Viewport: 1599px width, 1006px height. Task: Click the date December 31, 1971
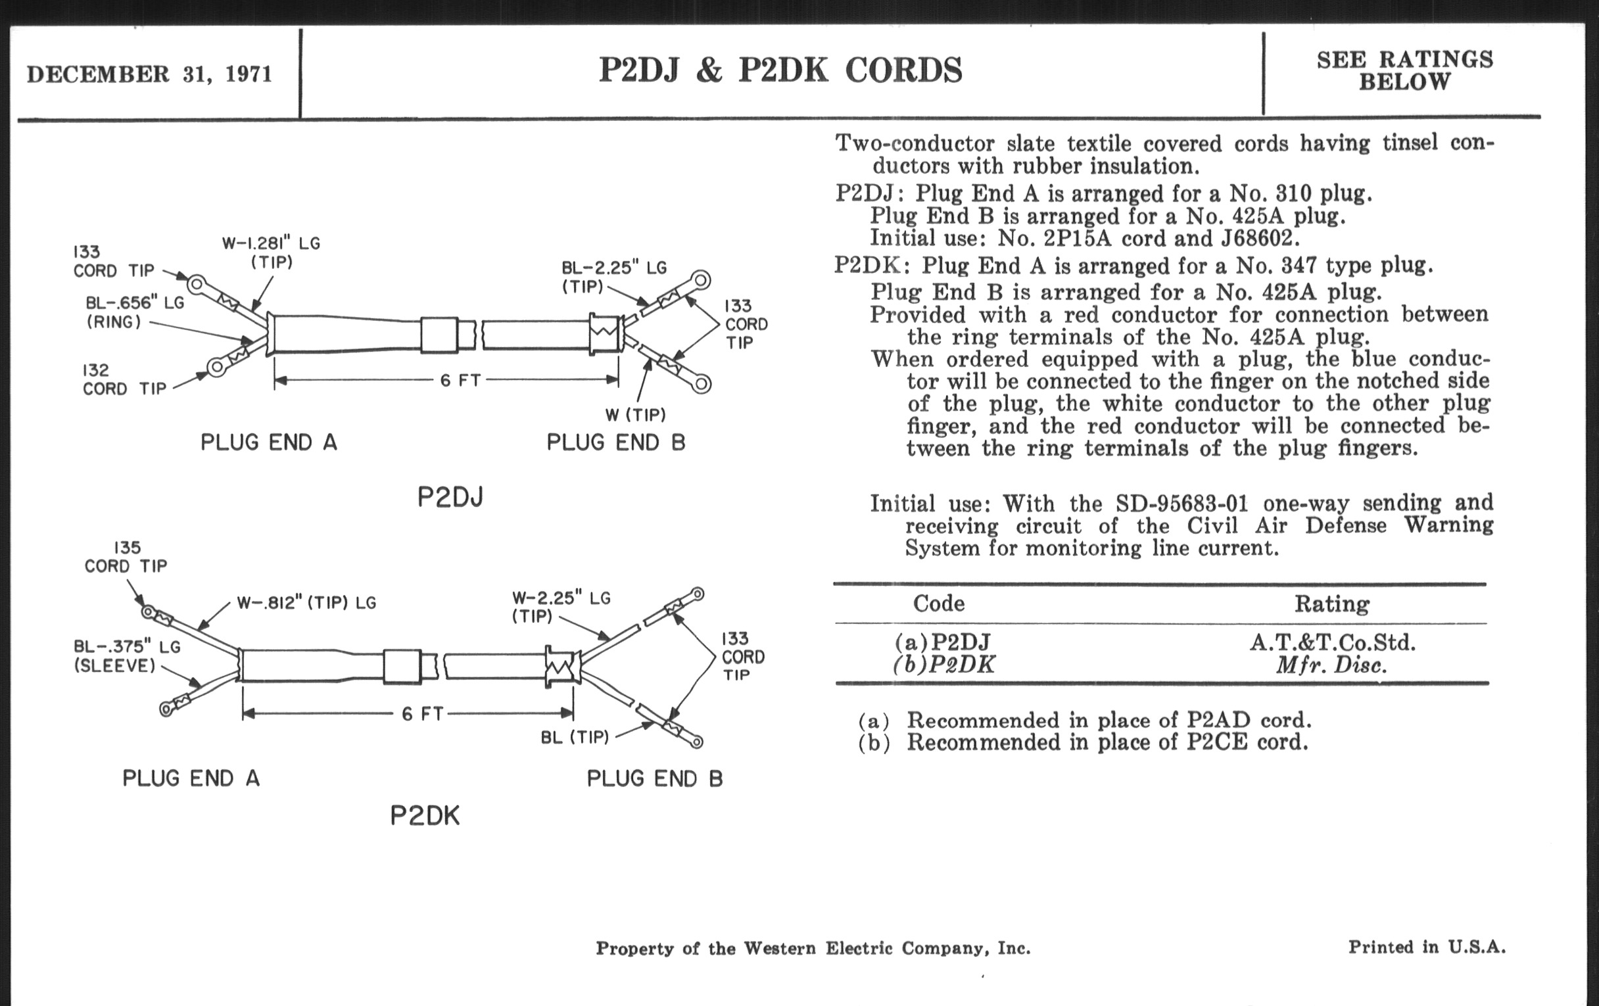pyautogui.click(x=149, y=74)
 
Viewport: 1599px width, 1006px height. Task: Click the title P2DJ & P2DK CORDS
pyautogui.click(x=780, y=70)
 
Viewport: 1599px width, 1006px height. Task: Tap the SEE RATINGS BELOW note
pyautogui.click(x=1404, y=70)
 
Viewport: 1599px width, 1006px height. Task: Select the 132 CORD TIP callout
pyautogui.click(x=124, y=380)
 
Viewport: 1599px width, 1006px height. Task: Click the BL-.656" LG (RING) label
pyautogui.click(x=134, y=312)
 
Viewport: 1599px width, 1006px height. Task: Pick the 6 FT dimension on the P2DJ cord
pyautogui.click(x=460, y=381)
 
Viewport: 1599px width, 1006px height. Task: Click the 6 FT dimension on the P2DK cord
pyautogui.click(x=422, y=714)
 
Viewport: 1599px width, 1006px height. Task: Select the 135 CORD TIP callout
pyautogui.click(x=126, y=557)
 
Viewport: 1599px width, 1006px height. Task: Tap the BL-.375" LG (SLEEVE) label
pyautogui.click(x=126, y=656)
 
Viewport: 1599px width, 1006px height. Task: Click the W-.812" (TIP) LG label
pyautogui.click(x=306, y=603)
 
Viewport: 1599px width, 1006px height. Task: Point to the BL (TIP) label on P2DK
pyautogui.click(x=575, y=738)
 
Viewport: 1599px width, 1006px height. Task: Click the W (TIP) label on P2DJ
pyautogui.click(x=635, y=415)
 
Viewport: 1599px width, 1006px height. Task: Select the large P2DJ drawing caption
pyautogui.click(x=450, y=497)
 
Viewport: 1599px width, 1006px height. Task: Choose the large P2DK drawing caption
pyautogui.click(x=425, y=816)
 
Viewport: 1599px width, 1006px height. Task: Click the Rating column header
pyautogui.click(x=1331, y=604)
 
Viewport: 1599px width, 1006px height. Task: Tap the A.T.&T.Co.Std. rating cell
pyautogui.click(x=1332, y=642)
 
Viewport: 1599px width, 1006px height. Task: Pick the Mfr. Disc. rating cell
pyautogui.click(x=1331, y=665)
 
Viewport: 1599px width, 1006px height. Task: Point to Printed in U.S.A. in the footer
pyautogui.click(x=1426, y=947)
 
